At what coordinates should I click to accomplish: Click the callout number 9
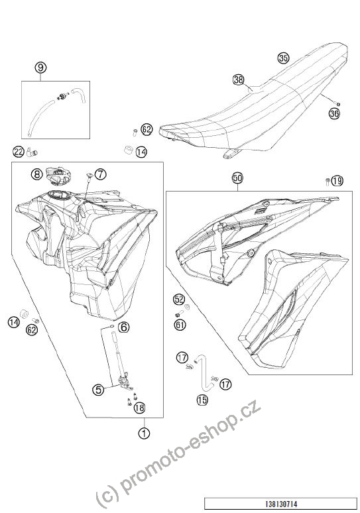pos(40,68)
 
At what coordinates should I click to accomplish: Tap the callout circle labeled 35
pos(283,58)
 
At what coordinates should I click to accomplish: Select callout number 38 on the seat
pos(238,80)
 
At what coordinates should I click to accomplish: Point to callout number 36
pos(334,113)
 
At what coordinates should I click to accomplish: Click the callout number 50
pos(237,178)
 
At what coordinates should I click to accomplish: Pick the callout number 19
pos(337,180)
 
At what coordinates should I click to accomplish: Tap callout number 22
pos(19,152)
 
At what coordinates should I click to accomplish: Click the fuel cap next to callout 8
pos(58,175)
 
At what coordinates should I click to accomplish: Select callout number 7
pos(101,174)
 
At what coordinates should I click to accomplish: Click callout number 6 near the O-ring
pos(123,327)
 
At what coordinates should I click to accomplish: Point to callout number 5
pos(98,389)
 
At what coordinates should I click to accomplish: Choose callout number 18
pos(139,408)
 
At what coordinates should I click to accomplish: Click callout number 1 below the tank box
pos(144,433)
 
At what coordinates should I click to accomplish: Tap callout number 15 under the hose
pos(203,400)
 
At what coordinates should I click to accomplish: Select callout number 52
pos(179,299)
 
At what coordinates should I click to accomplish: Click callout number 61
pos(180,325)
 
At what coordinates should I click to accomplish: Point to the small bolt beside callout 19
pos(328,181)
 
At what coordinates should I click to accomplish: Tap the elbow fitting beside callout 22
pos(32,152)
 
